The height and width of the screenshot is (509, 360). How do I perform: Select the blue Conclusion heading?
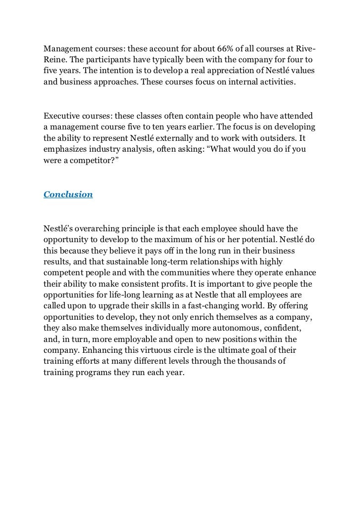68,194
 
